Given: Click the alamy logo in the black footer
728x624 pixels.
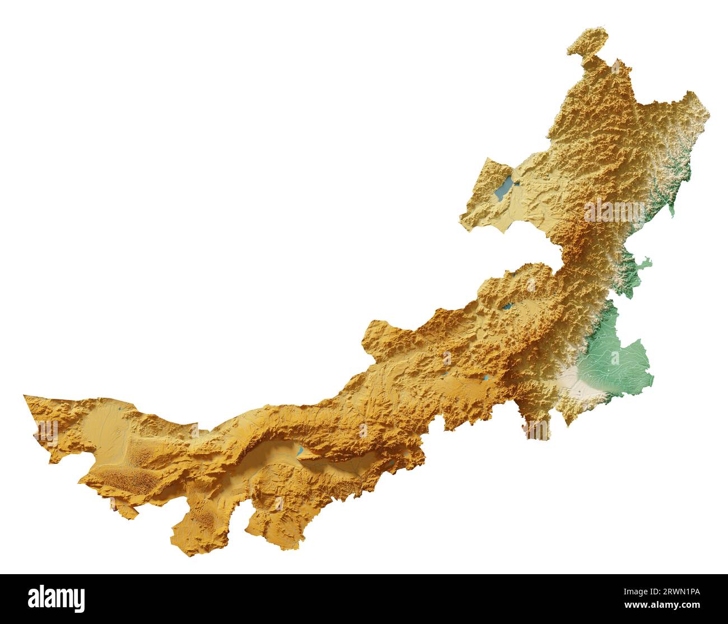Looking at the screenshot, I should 57,599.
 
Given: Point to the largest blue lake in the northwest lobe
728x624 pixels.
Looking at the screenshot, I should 503,188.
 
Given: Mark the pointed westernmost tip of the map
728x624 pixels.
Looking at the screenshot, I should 25,396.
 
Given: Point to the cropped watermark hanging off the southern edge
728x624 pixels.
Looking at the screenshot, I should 536,430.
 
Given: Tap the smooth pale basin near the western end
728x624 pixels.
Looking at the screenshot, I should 106,426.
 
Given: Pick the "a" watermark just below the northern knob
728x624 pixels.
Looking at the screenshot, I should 616,67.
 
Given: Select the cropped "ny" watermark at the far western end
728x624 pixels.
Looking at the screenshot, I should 48,432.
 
